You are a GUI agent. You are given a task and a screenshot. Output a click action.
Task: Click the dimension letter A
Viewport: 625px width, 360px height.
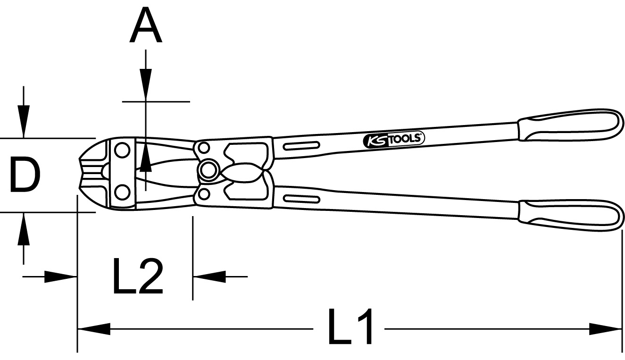click(146, 25)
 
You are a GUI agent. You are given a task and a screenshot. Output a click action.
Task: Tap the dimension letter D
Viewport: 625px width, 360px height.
click(25, 175)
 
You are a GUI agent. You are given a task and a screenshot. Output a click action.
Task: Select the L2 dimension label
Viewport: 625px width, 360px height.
click(138, 276)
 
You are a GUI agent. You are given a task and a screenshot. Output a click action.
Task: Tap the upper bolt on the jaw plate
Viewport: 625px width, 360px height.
click(122, 151)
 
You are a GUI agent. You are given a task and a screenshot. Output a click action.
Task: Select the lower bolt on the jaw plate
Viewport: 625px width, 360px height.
click(122, 192)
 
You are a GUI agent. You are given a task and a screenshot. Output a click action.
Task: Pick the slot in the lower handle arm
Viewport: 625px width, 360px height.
click(301, 199)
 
